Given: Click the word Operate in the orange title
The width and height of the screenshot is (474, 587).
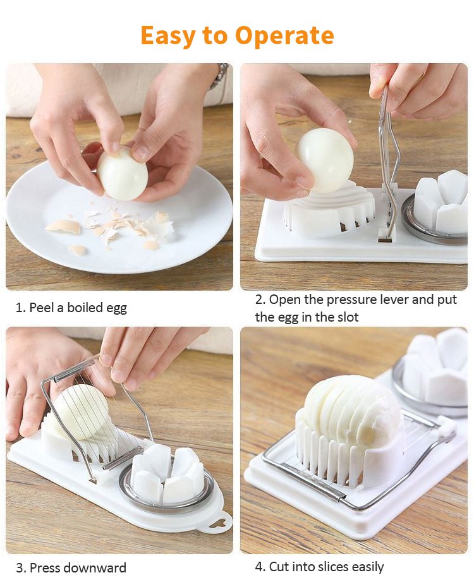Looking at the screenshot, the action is coord(284,35).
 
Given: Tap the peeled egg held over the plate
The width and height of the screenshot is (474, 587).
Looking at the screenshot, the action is coord(123,173).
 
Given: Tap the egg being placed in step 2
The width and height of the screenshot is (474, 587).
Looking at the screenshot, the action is coord(325,161).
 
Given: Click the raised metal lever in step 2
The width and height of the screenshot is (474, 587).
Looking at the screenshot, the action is coord(387,161).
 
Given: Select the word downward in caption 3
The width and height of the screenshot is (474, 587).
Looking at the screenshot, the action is coord(95,568).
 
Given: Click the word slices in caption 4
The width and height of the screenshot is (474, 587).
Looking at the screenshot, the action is coord(332,567).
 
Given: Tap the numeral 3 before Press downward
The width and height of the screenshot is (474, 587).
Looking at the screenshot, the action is coord(20,568).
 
